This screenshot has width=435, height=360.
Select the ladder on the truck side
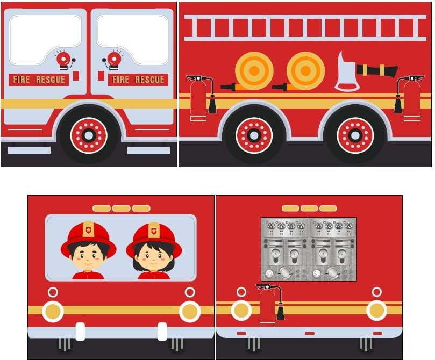coord(305,27)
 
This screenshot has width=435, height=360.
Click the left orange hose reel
coord(254,71)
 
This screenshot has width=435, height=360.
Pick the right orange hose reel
coord(305,71)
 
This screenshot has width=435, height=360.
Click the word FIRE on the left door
coord(22,80)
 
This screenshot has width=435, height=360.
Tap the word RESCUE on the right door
coord(149,80)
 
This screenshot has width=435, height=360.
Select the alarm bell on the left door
coord(64,60)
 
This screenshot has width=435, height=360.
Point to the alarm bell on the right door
coord(113,60)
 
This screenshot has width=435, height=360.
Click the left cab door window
coord(45,39)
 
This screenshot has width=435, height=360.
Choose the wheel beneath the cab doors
coord(89,135)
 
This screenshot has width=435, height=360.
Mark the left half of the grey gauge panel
coord(285,249)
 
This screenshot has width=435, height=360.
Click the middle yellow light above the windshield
coord(121,208)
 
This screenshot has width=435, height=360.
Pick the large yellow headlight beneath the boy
coord(53,311)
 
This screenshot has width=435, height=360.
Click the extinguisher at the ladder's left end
coord(199,97)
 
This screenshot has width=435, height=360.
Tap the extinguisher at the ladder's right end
coord(411,97)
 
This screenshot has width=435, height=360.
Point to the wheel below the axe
coord(355,135)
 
